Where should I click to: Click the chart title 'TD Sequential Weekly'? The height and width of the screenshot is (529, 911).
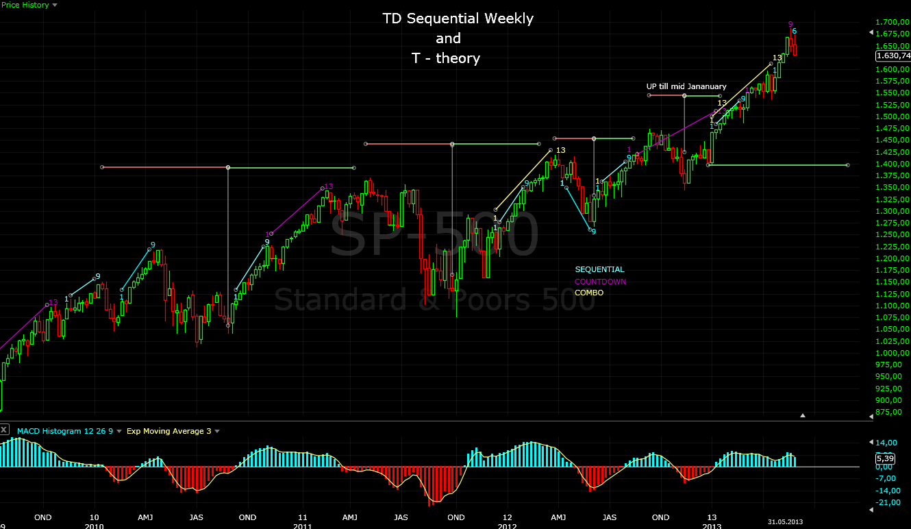coord(458,19)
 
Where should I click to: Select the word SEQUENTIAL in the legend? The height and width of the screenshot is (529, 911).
coord(599,269)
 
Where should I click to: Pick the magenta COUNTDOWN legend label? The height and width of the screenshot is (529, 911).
coord(600,282)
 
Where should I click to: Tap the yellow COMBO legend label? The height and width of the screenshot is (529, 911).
coord(589,293)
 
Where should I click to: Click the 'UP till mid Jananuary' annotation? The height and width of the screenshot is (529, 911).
coord(686,86)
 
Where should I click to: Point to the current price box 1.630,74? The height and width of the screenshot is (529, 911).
coord(893,56)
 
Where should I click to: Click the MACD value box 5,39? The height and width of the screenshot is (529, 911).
coord(886,458)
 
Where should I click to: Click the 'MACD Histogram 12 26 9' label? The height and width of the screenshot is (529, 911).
coord(64,431)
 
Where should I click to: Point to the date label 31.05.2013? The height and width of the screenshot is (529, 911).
coord(786,522)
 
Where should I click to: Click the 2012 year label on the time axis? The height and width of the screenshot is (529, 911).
coord(507,526)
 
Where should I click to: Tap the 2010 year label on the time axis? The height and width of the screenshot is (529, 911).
coord(94,526)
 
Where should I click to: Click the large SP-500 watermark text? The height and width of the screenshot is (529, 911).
coord(434,234)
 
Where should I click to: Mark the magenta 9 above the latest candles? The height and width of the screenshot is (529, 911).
coord(790,24)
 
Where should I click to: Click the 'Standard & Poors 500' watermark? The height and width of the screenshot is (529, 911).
coord(434,299)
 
